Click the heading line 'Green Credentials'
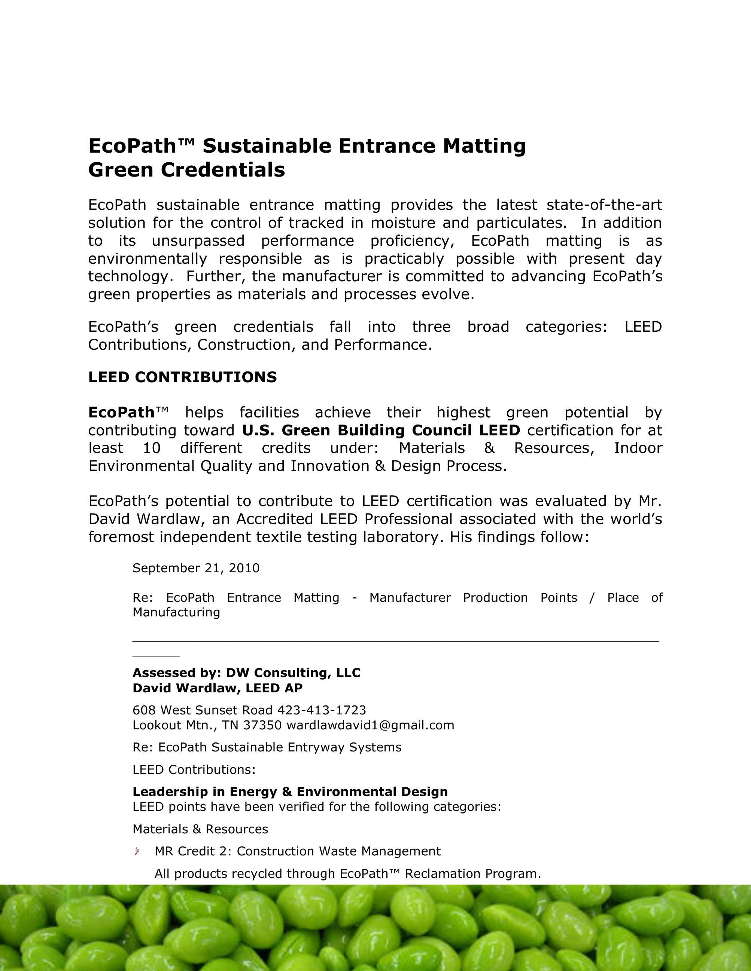(186, 170)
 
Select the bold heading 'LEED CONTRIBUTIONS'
(182, 377)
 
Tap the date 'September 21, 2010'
(196, 568)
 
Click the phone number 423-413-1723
(322, 710)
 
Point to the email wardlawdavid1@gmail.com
(370, 725)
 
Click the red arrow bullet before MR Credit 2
(137, 851)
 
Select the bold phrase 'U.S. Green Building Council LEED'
(381, 431)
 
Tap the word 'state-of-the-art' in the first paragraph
(604, 205)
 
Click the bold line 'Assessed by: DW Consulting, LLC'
(246, 673)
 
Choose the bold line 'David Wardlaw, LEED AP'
(218, 688)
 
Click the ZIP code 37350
(262, 725)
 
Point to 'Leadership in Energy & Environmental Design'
(290, 792)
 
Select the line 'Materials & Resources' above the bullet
(200, 829)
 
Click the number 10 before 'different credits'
(151, 448)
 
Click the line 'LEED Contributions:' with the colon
(194, 770)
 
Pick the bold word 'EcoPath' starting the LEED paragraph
(121, 413)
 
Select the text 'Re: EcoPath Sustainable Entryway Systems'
(267, 747)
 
